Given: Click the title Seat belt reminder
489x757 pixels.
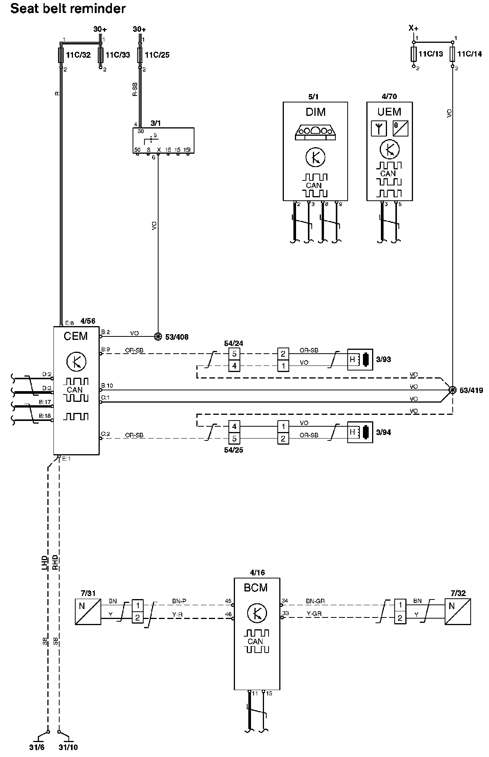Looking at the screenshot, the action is pos(68,8).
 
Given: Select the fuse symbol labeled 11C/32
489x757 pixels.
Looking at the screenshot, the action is pos(61,55).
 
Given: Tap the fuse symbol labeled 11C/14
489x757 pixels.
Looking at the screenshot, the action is pos(452,54).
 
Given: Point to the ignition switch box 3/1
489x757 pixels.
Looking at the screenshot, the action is pos(163,141).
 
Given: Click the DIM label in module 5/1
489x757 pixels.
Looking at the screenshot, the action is pos(316,112).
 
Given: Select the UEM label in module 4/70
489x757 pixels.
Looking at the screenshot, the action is pos(389,112).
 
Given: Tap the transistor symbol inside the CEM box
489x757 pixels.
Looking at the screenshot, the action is pos(76,361).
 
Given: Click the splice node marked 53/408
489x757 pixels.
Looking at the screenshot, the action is pos(158,336).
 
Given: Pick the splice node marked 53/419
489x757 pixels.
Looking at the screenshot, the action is pos(452,390).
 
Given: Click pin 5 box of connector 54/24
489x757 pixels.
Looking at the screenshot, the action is pos(234,354).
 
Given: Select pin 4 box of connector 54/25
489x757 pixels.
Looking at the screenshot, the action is pos(234,426).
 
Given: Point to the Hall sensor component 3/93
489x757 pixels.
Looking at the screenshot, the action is pos(360,359).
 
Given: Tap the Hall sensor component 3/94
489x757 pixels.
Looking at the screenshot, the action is pos(360,432).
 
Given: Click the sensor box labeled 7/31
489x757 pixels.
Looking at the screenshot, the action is pos(88,612).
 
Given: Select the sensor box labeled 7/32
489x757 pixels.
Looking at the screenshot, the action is pos(458,612).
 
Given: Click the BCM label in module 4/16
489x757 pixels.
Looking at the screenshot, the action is pos(256,588).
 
